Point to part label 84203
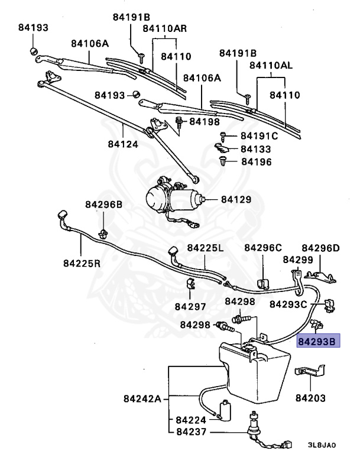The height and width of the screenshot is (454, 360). (310, 398)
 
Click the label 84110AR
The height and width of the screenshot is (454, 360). (165, 28)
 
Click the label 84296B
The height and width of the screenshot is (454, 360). (103, 205)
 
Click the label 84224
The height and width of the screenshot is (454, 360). (191, 420)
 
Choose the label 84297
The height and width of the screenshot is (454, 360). (190, 306)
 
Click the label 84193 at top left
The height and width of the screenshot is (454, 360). (33, 28)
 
